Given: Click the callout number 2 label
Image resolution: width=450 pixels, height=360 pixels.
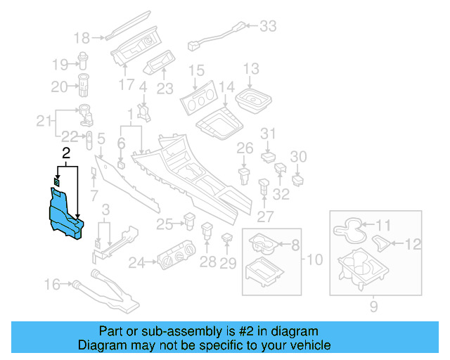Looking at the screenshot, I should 66,153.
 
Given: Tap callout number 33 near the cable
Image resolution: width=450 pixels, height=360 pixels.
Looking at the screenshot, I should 269,27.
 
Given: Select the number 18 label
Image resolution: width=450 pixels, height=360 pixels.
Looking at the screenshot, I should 82,38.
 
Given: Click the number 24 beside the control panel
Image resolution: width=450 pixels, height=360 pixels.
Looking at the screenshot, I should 136,263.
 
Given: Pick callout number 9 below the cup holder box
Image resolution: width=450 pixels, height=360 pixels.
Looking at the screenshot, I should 374,305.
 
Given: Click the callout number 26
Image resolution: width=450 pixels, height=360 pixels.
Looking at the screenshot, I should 245,148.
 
